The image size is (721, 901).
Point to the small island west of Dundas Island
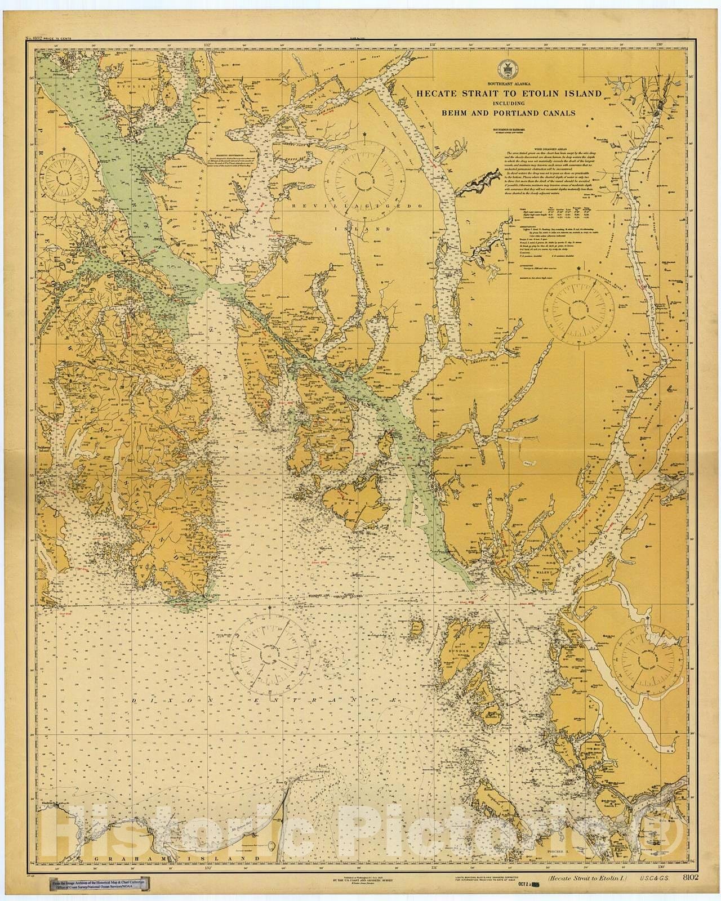click(x=418, y=627)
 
